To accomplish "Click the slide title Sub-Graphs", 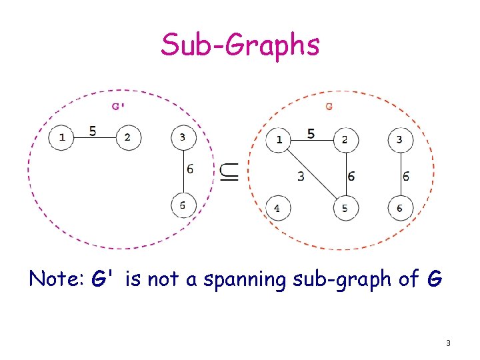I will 240,45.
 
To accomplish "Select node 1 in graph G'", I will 62,138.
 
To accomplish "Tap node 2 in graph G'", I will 128,138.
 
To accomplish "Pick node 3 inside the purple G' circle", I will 183,138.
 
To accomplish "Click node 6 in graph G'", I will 183,205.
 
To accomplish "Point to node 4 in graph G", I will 278,208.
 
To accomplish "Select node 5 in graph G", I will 345,208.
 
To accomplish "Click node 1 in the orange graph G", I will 279,140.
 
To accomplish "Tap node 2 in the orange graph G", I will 345,140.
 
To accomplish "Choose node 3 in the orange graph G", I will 400,140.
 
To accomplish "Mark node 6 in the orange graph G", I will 400,208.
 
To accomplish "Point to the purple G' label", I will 119,105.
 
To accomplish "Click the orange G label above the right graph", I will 329,105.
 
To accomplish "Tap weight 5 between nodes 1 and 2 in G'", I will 93,131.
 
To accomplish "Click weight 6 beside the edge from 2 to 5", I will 351,176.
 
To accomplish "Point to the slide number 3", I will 448,343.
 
